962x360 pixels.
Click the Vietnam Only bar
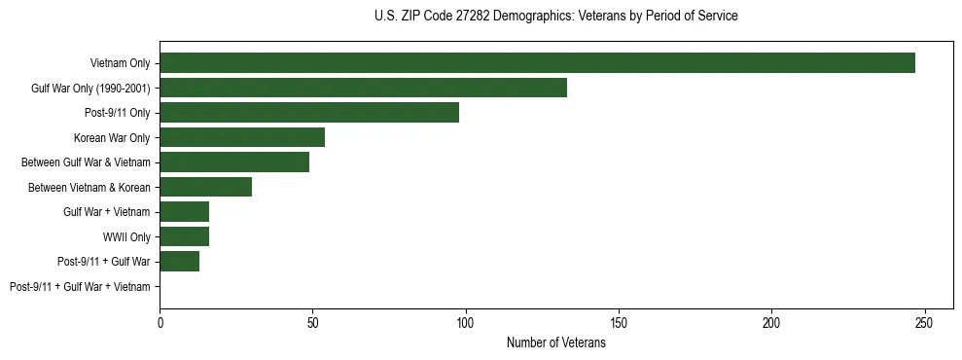537,63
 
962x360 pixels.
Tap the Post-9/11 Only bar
309,113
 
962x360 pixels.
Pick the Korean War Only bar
242,138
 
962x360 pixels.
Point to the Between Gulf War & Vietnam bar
234,162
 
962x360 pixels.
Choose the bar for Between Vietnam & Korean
205,187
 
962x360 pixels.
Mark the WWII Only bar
184,236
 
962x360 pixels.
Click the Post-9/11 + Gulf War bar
179,262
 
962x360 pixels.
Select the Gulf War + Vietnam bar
184,212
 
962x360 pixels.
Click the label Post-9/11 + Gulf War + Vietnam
80,287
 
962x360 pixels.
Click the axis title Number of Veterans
555,342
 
